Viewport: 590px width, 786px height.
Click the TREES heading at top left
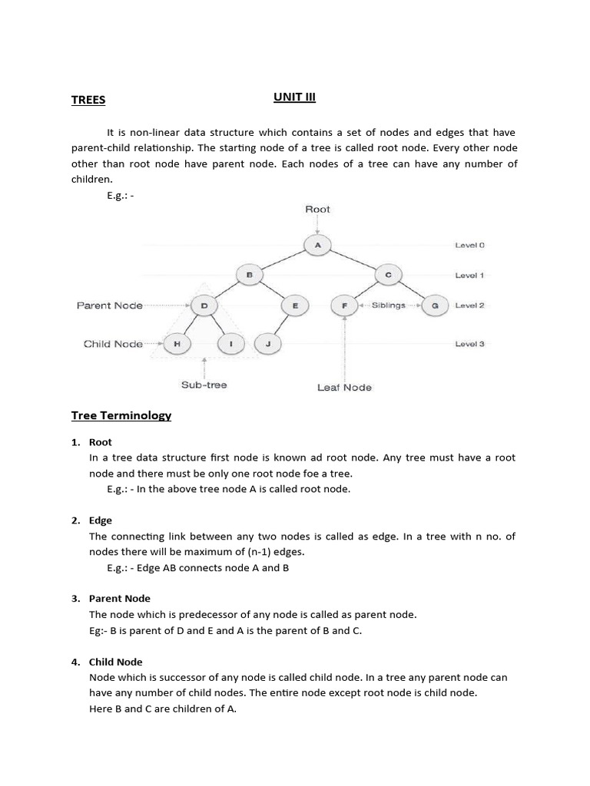88,100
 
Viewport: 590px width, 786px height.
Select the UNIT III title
295,97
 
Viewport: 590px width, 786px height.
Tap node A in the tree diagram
317,245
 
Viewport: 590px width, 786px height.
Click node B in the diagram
249,275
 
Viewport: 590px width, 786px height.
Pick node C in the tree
388,275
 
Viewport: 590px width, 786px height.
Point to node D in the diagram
204,305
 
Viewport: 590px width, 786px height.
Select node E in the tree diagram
294,305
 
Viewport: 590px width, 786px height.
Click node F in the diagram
344,305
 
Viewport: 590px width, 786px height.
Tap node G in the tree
435,305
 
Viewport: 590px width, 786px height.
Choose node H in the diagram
177,345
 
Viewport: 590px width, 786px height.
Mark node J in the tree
267,345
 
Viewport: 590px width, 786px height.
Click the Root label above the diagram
317,209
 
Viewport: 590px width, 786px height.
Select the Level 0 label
469,246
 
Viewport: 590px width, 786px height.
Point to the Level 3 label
469,345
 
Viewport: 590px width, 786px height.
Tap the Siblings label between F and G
388,305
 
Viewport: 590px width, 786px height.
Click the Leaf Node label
344,388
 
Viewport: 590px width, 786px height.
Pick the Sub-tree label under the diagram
204,385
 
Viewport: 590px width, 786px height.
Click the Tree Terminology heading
121,415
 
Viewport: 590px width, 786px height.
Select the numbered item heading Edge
101,520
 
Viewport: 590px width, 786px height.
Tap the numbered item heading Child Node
115,662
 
